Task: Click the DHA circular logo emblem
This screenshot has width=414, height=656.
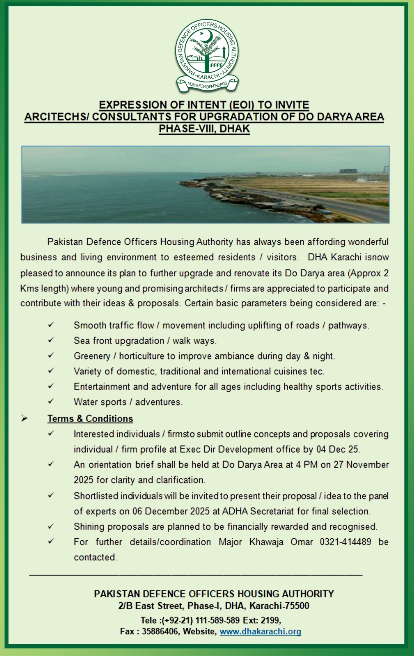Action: pyautogui.click(x=207, y=51)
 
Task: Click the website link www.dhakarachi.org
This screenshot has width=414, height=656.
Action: pyautogui.click(x=260, y=631)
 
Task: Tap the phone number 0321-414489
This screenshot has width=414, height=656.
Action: pyautogui.click(x=345, y=542)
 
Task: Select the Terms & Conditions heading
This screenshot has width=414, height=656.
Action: pyautogui.click(x=90, y=419)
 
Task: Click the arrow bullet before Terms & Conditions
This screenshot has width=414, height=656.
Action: pyautogui.click(x=25, y=419)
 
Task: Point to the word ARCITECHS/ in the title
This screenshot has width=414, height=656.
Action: pyautogui.click(x=57, y=117)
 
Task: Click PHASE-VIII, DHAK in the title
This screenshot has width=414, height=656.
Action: pyautogui.click(x=204, y=129)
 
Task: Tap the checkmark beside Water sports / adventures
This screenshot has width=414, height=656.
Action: pyautogui.click(x=51, y=401)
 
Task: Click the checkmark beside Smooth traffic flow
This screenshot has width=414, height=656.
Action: pyautogui.click(x=51, y=325)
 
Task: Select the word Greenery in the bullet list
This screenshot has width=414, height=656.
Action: pyautogui.click(x=92, y=356)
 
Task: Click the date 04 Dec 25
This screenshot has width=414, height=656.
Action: pyautogui.click(x=338, y=449)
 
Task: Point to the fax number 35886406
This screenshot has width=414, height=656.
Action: pyautogui.click(x=160, y=631)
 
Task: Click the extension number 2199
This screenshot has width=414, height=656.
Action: pyautogui.click(x=270, y=620)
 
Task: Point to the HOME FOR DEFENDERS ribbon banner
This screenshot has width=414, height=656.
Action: pyautogui.click(x=207, y=85)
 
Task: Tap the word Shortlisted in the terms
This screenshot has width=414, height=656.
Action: pyautogui.click(x=96, y=496)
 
